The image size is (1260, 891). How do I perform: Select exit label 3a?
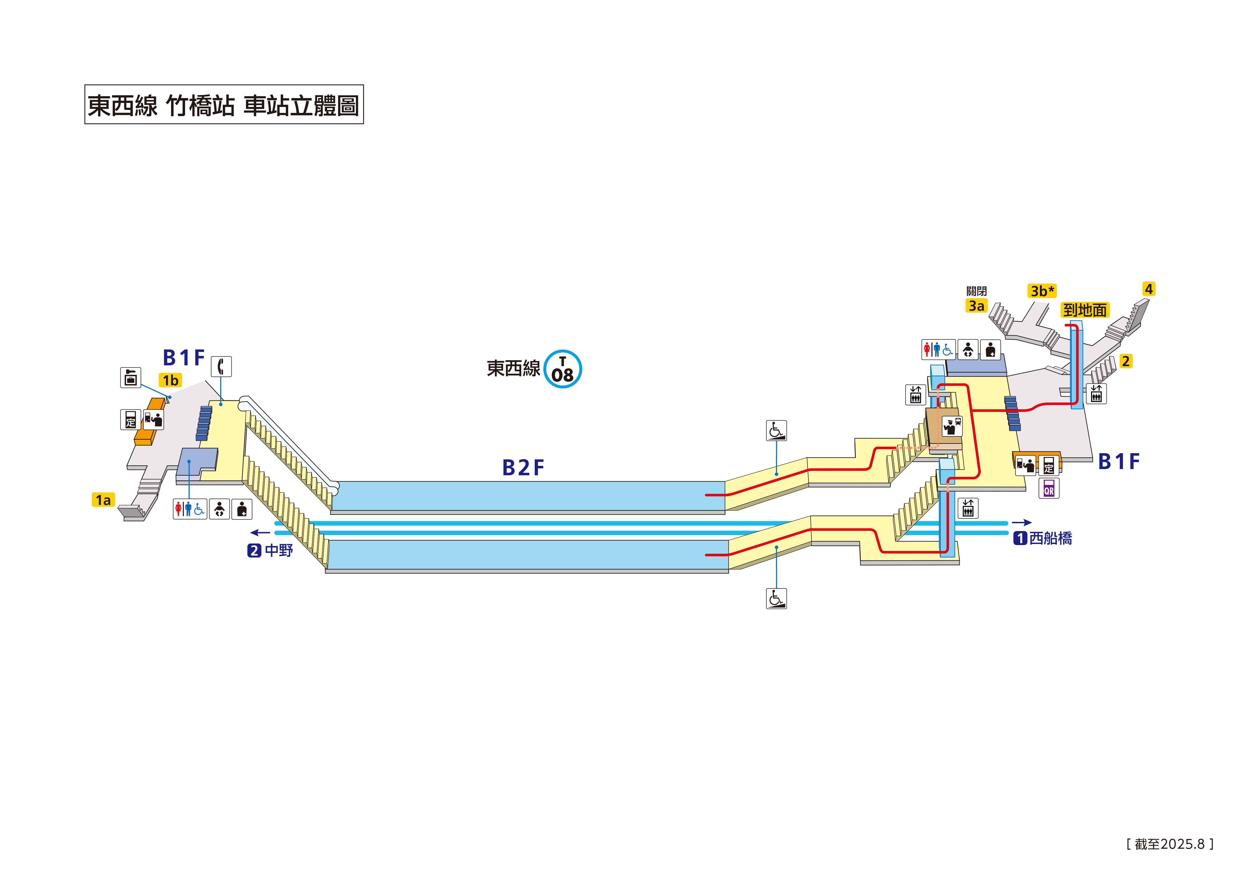pyautogui.click(x=976, y=306)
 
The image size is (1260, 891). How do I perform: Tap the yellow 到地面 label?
pyautogui.click(x=1084, y=310)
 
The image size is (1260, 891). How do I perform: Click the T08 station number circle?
pyautogui.click(x=563, y=369)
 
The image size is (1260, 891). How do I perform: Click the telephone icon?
pyautogui.click(x=221, y=366)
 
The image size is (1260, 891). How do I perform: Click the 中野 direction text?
pyautogui.click(x=279, y=550)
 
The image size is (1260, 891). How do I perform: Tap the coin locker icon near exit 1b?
pyautogui.click(x=131, y=378)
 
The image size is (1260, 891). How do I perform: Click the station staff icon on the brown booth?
pyautogui.click(x=952, y=426)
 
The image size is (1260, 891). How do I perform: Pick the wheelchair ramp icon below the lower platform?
pyautogui.click(x=776, y=598)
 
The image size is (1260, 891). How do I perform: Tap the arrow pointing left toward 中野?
pyautogui.click(x=260, y=532)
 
